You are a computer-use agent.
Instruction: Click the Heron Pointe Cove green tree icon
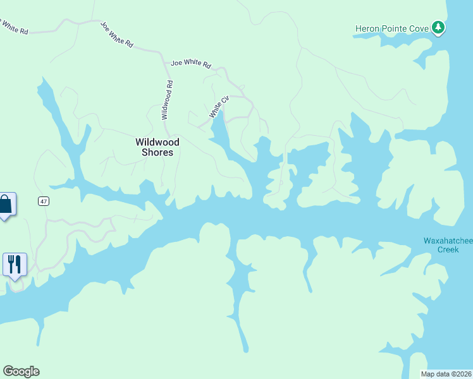[x=438, y=28]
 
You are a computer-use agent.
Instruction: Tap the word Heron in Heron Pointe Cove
[x=368, y=28]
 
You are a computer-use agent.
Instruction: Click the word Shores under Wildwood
[x=157, y=152]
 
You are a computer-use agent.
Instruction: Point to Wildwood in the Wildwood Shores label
[x=157, y=142]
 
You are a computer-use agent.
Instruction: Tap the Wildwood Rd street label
[x=166, y=100]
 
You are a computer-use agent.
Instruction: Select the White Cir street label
[x=219, y=107]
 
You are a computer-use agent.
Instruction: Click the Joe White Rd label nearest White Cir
[x=190, y=63]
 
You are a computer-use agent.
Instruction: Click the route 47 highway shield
[x=42, y=201]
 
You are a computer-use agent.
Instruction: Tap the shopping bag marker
[x=6, y=205]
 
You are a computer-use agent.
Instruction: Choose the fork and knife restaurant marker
[x=15, y=263]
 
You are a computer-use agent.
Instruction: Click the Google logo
[x=21, y=371]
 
